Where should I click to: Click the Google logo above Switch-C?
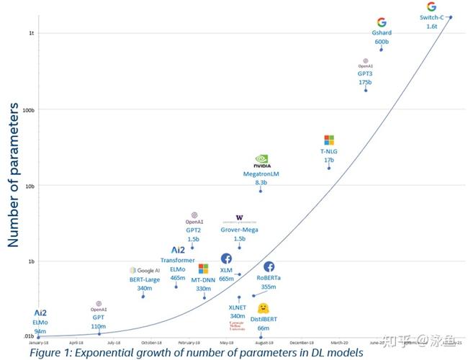[x=431, y=6]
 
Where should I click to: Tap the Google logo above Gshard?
[x=382, y=23]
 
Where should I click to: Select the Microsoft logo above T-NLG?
[x=329, y=140]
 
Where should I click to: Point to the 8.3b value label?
[x=261, y=184]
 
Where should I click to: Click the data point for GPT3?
[x=366, y=90]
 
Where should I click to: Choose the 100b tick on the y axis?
[x=29, y=110]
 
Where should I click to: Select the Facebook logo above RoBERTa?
[x=269, y=267]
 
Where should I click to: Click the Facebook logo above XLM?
[x=226, y=258]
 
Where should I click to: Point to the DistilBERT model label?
[x=264, y=319]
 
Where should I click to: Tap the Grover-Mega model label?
[x=240, y=230]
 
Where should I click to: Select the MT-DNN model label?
[x=204, y=279]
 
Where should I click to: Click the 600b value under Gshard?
[x=382, y=42]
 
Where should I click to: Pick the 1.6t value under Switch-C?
[x=431, y=26]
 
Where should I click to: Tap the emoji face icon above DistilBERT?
[x=264, y=308]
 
